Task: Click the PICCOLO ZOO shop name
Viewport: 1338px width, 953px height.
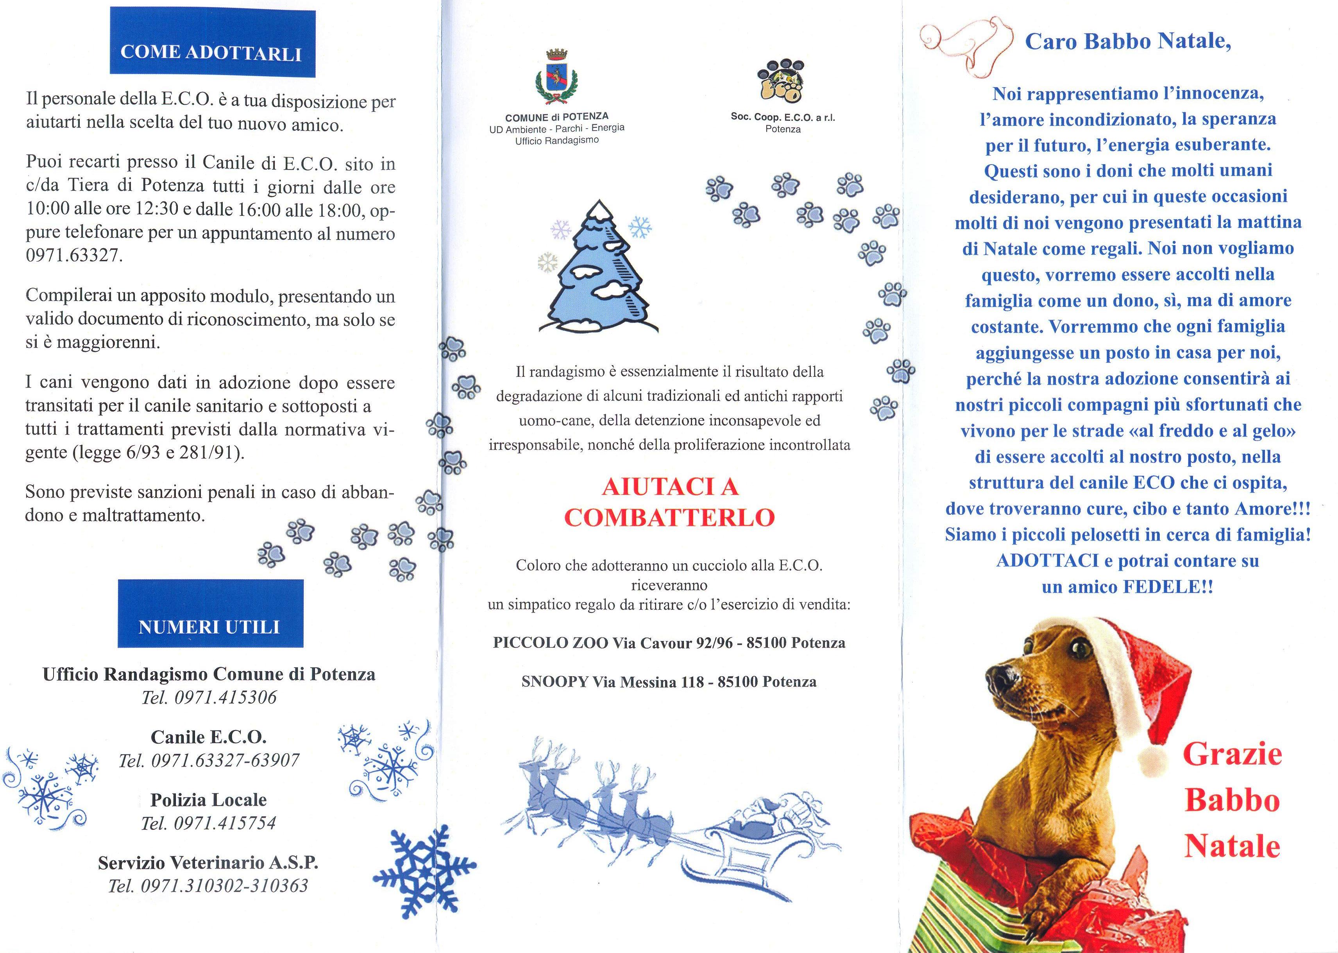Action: pyautogui.click(x=550, y=643)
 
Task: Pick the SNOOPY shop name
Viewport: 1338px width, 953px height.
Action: pyautogui.click(x=555, y=681)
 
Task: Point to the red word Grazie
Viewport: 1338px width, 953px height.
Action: pyautogui.click(x=1232, y=754)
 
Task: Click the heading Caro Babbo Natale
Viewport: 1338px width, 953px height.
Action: pyautogui.click(x=1127, y=41)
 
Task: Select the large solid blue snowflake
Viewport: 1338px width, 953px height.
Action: pyautogui.click(x=424, y=870)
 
